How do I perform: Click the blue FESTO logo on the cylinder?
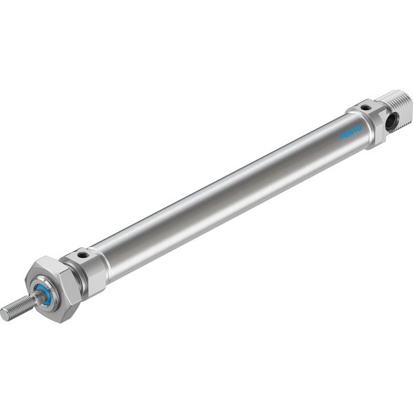pos(351,132)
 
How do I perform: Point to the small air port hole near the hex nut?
pos(84,255)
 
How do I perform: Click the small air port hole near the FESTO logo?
pos(365,107)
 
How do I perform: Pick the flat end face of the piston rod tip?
pos(3,315)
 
